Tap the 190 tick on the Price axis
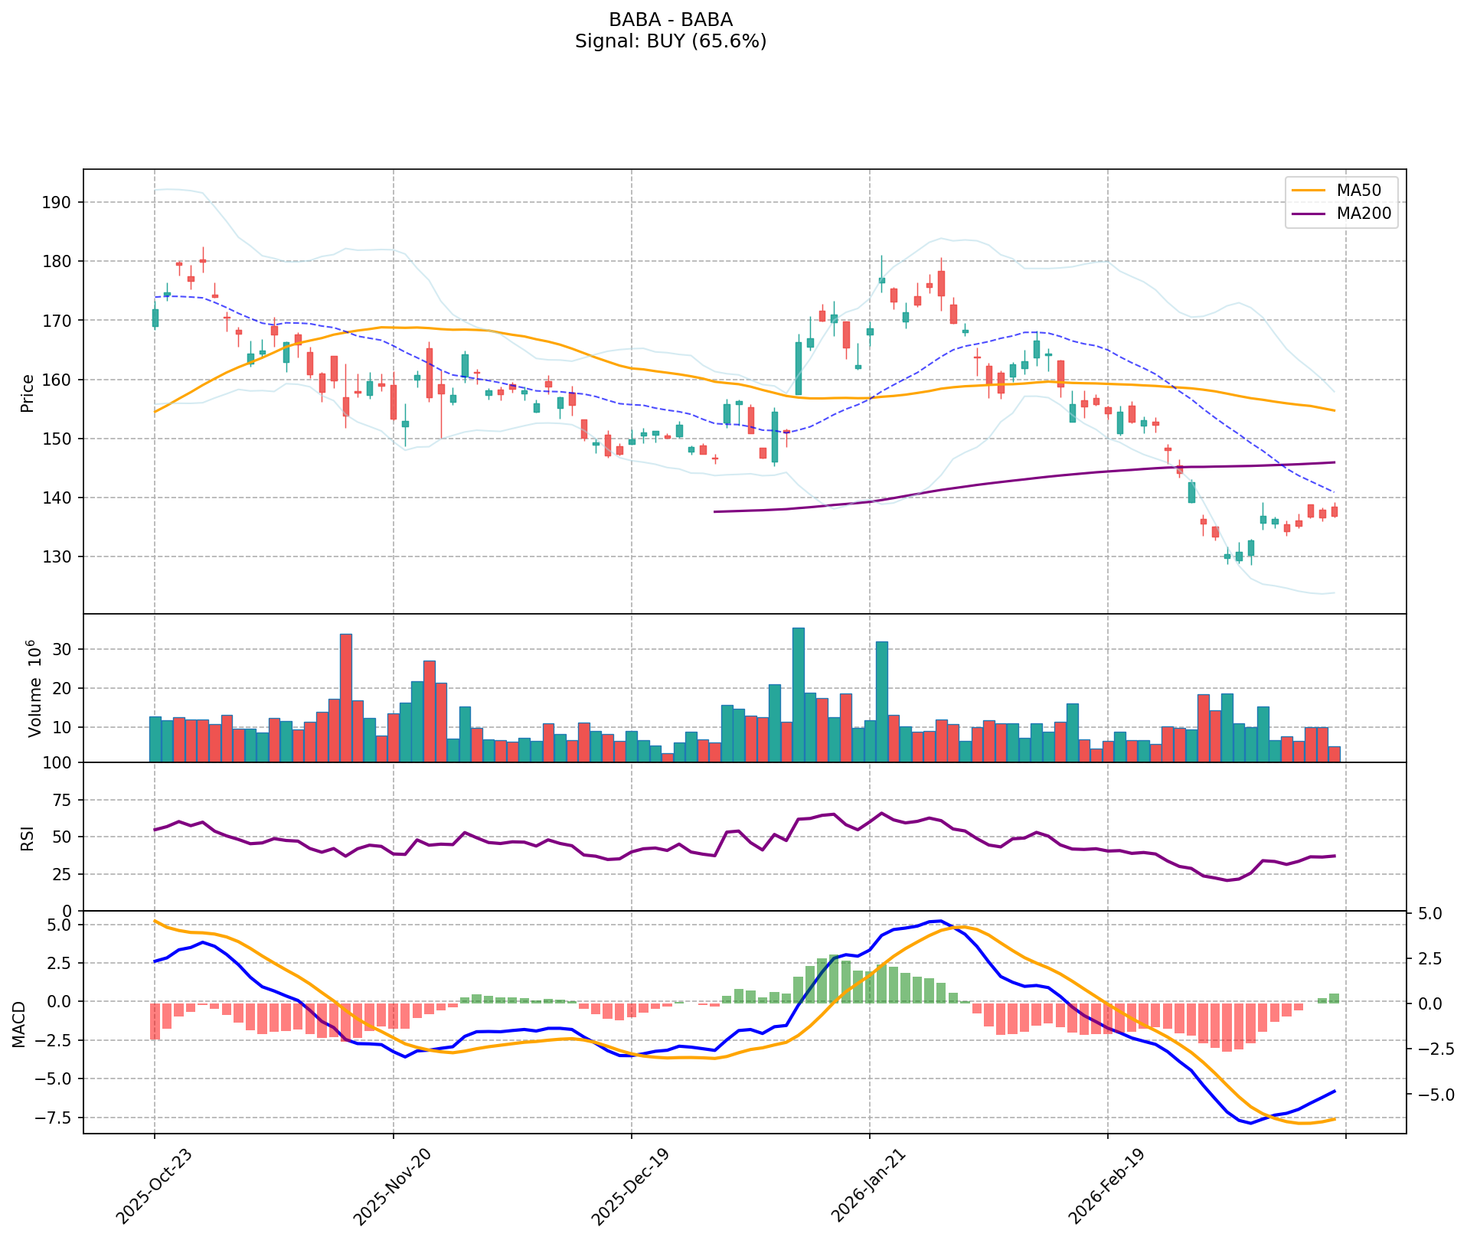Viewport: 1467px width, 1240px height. [61, 203]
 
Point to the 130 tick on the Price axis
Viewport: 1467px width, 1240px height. [61, 557]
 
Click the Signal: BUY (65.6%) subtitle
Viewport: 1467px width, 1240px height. [670, 41]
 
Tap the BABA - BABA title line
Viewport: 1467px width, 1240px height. [670, 19]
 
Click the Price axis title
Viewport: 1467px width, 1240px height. [28, 393]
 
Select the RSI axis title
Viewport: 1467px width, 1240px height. [28, 837]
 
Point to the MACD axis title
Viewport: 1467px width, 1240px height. [18, 1024]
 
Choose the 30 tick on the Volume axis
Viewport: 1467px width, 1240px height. [64, 650]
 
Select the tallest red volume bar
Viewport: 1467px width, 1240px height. [346, 698]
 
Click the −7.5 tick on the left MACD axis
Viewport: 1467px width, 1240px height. [57, 1118]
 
